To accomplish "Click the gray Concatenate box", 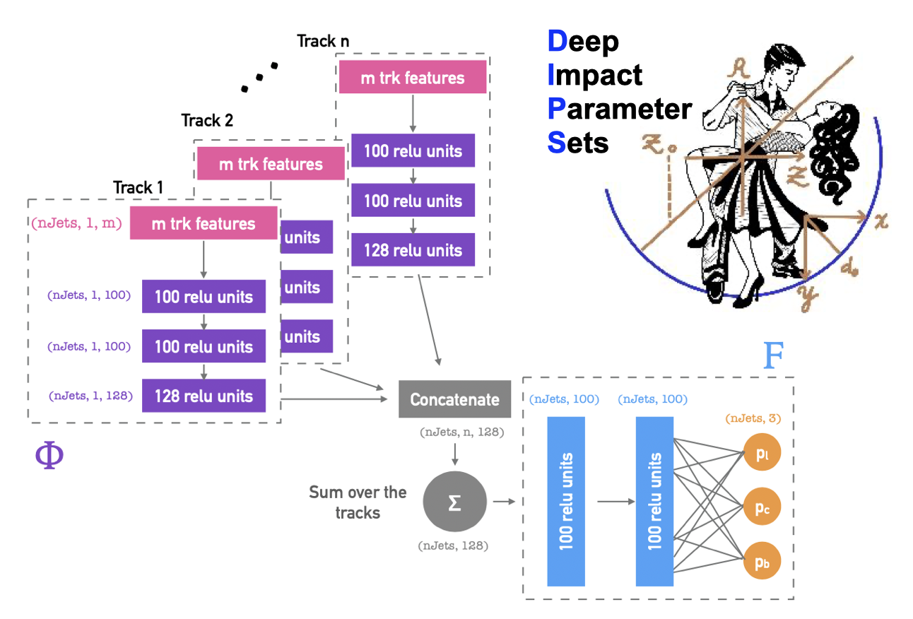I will pyautogui.click(x=454, y=399).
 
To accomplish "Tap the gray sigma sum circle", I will pyautogui.click(x=454, y=502).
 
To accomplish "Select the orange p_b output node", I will pyautogui.click(x=762, y=562).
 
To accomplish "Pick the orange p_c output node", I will pyautogui.click(x=762, y=508).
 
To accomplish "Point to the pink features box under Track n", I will pyautogui.click(x=413, y=77).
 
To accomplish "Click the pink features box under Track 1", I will pyautogui.click(x=203, y=223).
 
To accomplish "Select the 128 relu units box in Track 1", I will pyautogui.click(x=204, y=396).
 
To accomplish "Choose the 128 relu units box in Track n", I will pyautogui.click(x=413, y=250).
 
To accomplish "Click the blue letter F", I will pyautogui.click(x=773, y=357).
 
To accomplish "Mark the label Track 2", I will pyautogui.click(x=207, y=120).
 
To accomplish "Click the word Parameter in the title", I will pyautogui.click(x=620, y=109).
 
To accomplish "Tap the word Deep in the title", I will pyautogui.click(x=584, y=42).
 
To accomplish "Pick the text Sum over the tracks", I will pyautogui.click(x=358, y=502).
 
